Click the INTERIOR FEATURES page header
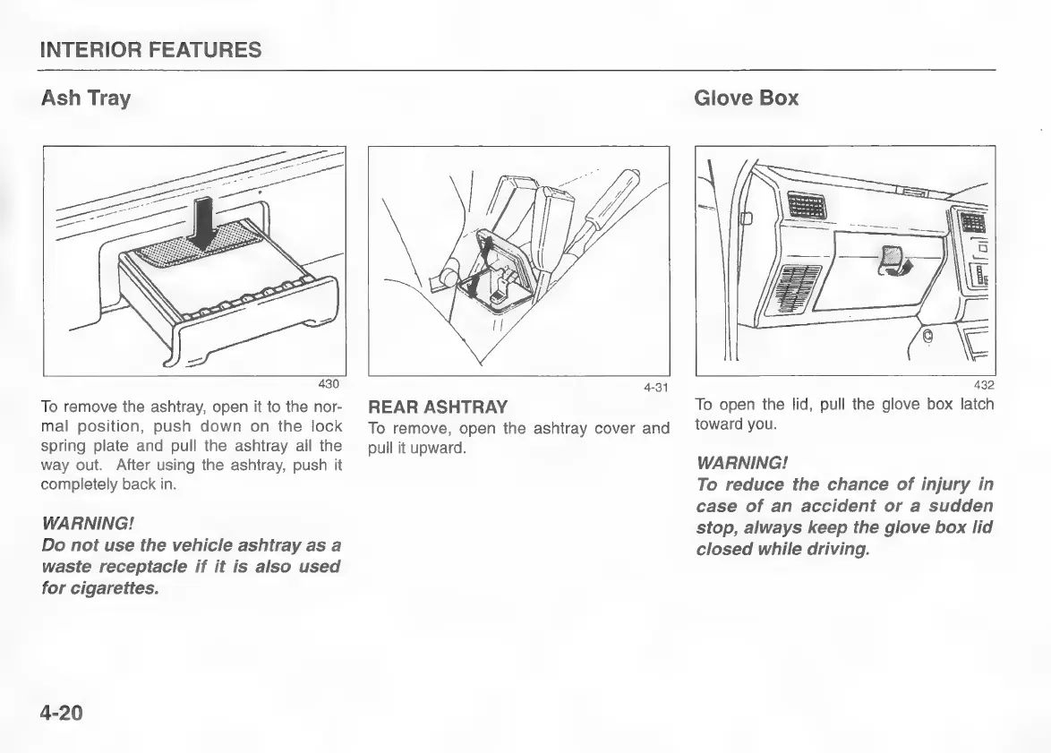(151, 50)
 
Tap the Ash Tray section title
(86, 98)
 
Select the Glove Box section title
(746, 98)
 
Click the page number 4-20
(62, 713)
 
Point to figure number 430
(329, 384)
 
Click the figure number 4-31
(656, 388)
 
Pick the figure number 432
(982, 386)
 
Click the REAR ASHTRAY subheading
(438, 407)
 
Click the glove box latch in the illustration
(891, 260)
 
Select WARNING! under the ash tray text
(88, 523)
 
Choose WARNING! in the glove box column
(742, 464)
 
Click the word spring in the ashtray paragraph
(62, 445)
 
